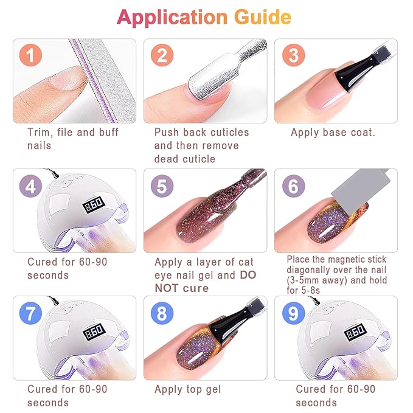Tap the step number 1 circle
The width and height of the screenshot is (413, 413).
(31, 57)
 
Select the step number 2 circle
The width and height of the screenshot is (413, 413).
(162, 57)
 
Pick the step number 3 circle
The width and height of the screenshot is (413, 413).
(293, 57)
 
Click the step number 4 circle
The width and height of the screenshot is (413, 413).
(31, 186)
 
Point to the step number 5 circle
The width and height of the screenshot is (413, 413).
(162, 186)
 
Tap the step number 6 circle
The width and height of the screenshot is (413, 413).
(293, 186)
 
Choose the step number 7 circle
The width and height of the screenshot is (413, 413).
(31, 314)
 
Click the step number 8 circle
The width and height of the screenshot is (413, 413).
(162, 314)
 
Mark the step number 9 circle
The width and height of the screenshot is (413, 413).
(293, 314)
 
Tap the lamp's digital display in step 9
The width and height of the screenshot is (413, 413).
(356, 333)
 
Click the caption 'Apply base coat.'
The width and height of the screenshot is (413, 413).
(333, 133)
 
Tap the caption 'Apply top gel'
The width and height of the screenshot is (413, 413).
(188, 389)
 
